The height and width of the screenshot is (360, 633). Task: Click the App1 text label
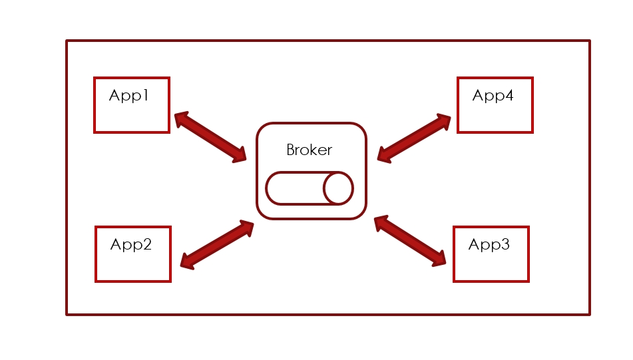coord(128,96)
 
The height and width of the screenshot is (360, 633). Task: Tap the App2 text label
coord(131,245)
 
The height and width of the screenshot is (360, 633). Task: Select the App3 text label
coord(489,245)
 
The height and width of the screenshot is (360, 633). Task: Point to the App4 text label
coord(493,96)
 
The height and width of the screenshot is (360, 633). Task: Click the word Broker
coord(309,150)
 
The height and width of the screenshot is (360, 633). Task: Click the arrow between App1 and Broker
coord(210,137)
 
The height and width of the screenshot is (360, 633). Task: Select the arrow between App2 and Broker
coord(217,245)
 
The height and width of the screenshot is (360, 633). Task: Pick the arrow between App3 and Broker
coord(410,241)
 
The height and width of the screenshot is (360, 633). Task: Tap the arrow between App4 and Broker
coord(414,137)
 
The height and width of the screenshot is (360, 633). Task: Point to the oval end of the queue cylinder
coord(338,188)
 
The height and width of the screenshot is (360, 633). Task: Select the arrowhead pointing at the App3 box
coord(439,259)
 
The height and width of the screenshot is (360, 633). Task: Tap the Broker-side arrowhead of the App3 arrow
coord(381,223)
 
